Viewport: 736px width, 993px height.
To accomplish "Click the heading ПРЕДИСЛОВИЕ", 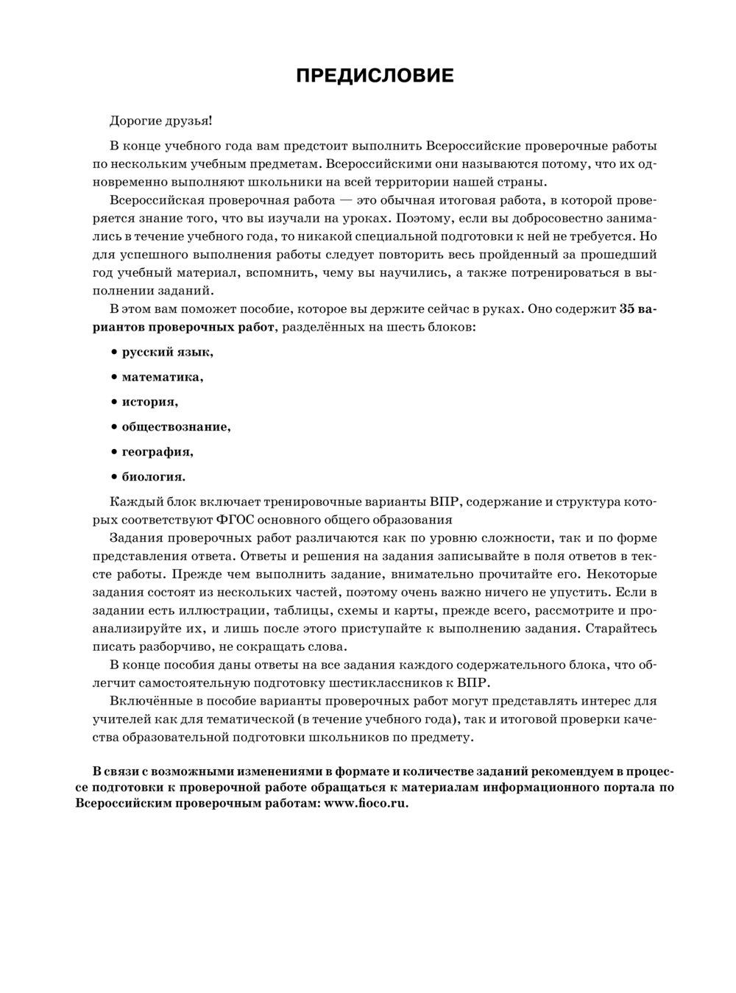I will click(375, 76).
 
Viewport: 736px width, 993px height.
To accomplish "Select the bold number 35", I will click(628, 309).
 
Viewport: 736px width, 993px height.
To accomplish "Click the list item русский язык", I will click(167, 352).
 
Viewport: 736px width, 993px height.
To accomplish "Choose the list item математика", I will click(162, 377).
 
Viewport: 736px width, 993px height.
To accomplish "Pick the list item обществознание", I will click(176, 427).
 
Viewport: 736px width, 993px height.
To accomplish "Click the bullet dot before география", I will click(114, 452).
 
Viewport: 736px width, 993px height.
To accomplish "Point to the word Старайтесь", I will click(622, 629).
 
